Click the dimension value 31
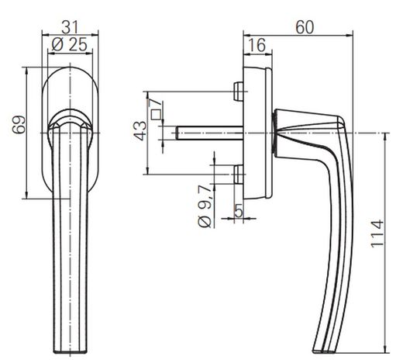point(70,27)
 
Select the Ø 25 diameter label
point(69,44)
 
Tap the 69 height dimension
point(19,125)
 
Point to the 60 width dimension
point(305,27)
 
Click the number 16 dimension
point(257,45)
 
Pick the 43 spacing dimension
point(140,131)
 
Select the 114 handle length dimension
point(377,234)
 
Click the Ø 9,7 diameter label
point(205,206)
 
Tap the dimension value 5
point(239,210)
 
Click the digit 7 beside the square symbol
point(157,102)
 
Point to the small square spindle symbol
point(156,115)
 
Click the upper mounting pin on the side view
point(239,92)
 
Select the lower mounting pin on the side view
point(239,175)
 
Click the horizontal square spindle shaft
point(209,133)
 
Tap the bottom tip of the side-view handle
point(324,351)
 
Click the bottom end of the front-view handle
point(70,351)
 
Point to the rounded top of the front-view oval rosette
point(70,67)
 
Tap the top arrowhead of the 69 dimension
point(26,71)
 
